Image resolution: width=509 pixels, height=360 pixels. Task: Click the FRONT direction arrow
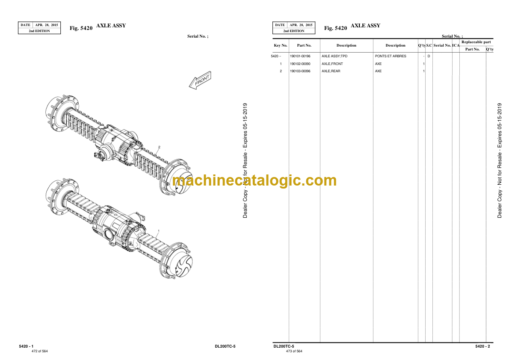coord(200,80)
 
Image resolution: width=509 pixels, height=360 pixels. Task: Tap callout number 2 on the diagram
coord(159,147)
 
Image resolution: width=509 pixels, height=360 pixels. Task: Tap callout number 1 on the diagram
coord(158,231)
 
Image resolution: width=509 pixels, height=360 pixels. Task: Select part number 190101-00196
coord(300,56)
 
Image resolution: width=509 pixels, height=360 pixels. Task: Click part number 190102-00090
coord(300,64)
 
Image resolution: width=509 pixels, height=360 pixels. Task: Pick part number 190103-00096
coord(300,71)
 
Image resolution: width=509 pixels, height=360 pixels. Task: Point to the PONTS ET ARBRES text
coord(391,56)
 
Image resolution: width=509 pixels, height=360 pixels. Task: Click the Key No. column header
coord(281,45)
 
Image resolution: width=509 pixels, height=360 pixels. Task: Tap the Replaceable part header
coord(476,42)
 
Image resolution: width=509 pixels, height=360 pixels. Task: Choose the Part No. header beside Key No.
coord(304,45)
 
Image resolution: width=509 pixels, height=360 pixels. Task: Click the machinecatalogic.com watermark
coord(254,180)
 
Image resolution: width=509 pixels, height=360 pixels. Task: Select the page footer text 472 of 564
coord(40,351)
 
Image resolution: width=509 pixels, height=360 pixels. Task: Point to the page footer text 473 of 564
coord(294,351)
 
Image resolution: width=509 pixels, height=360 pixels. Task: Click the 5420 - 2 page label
coord(483,346)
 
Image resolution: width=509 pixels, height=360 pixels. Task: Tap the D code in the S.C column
coord(429,56)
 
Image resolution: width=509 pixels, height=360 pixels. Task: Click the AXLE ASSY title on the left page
coord(111,26)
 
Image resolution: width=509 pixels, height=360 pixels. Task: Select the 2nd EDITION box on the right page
coord(294,31)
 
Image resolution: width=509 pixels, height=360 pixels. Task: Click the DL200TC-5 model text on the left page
coord(225,346)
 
